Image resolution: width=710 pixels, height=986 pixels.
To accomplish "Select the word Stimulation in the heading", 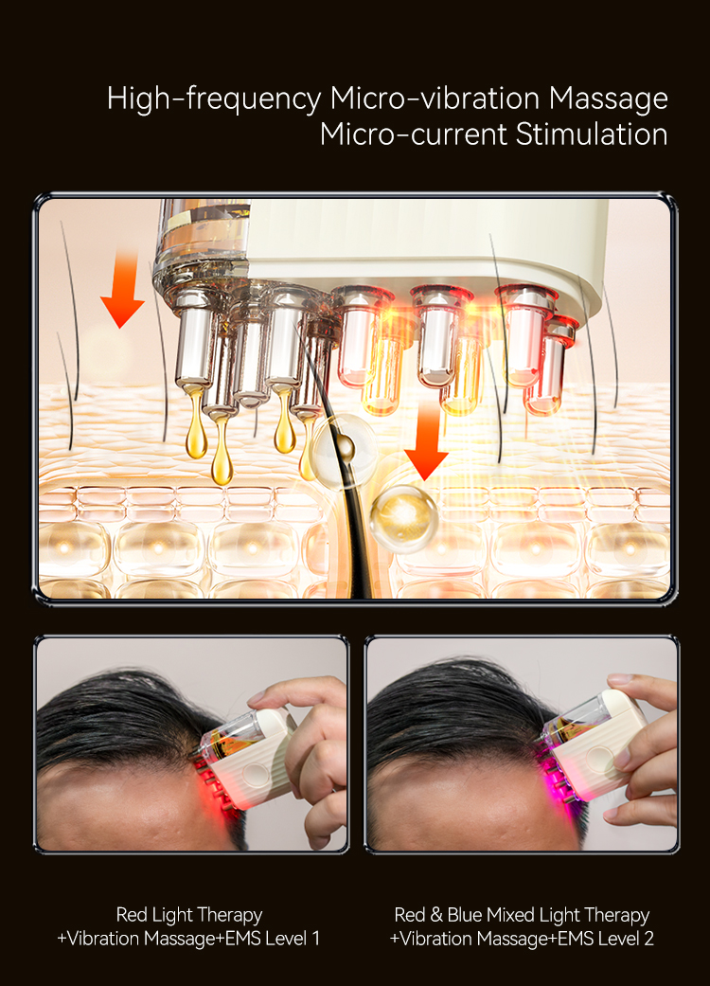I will coord(592,134).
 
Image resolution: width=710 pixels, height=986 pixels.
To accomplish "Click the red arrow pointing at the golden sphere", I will coord(426,444).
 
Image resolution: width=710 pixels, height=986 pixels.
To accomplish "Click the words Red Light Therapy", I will coord(188,915).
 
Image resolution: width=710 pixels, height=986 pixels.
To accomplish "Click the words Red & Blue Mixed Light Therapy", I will coord(522,915).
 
